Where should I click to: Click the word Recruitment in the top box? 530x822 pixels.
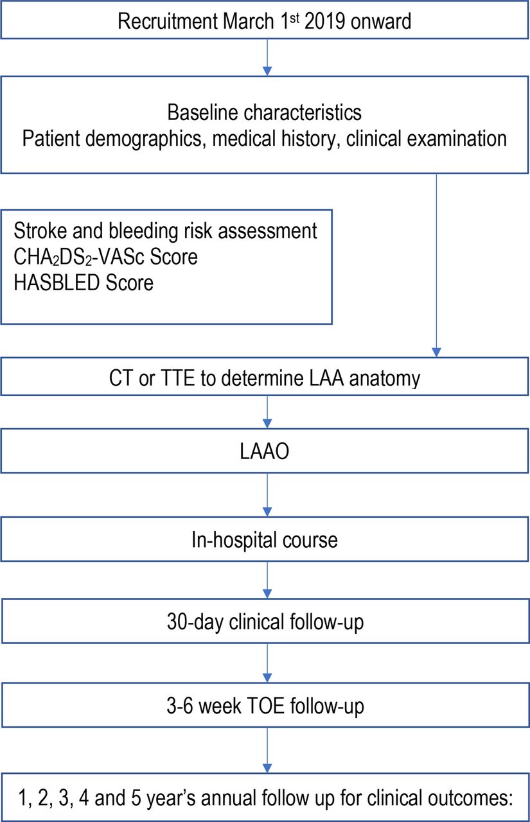(168, 21)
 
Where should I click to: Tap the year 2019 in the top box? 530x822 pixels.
(325, 21)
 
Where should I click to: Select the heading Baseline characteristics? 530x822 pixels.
(264, 112)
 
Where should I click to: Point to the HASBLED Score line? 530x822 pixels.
(84, 283)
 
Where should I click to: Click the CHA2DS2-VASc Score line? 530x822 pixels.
(106, 257)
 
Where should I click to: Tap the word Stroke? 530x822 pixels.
(40, 231)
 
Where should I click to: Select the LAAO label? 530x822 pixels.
(264, 451)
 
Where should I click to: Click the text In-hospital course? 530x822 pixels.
(264, 541)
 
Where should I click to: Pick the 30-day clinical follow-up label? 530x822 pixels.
(265, 622)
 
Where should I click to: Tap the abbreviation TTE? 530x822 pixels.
(178, 378)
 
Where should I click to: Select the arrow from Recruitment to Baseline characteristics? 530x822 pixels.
(267, 57)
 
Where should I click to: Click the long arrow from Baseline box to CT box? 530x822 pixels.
(436, 265)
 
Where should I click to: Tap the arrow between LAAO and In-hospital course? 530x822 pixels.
(267, 494)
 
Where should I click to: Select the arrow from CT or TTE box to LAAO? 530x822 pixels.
(267, 412)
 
